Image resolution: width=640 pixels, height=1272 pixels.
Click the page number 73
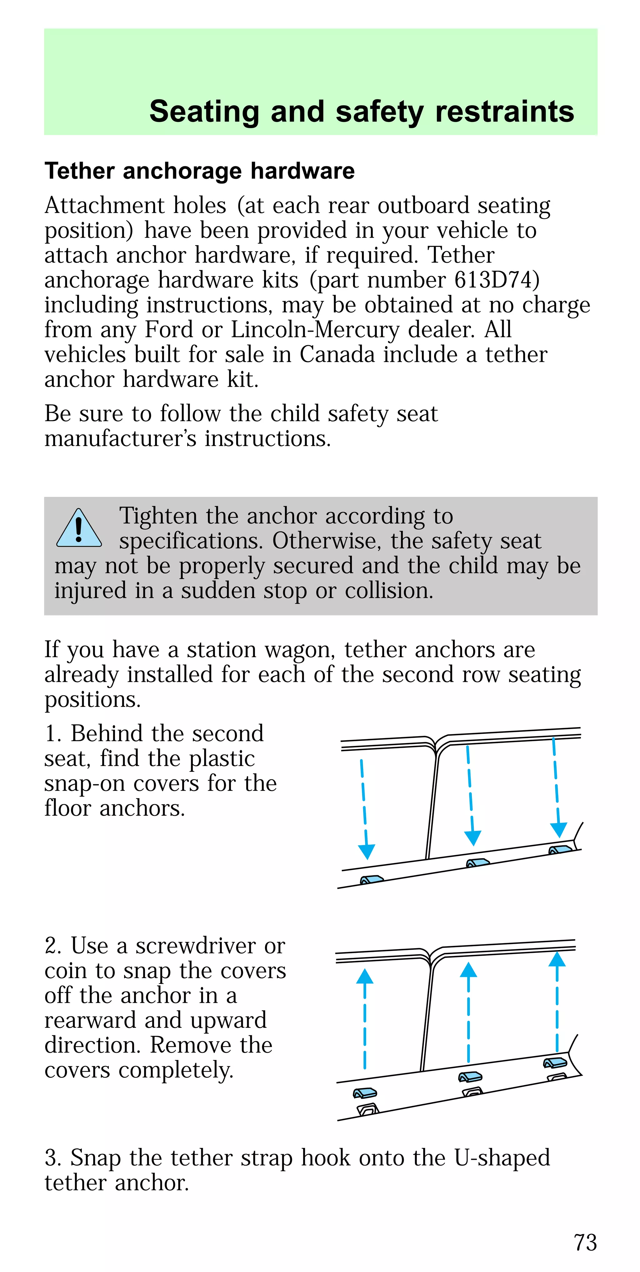(x=585, y=1242)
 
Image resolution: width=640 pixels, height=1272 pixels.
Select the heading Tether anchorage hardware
(x=199, y=171)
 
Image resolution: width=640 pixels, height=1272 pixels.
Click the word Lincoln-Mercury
(x=315, y=330)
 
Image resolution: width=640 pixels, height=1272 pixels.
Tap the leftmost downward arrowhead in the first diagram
(x=367, y=851)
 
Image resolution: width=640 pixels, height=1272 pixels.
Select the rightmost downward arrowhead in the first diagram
(x=558, y=830)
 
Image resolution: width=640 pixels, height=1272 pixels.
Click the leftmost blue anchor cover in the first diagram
(x=372, y=879)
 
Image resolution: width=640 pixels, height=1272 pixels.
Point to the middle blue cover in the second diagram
(x=470, y=1076)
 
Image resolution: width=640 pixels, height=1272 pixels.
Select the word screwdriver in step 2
(x=195, y=946)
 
